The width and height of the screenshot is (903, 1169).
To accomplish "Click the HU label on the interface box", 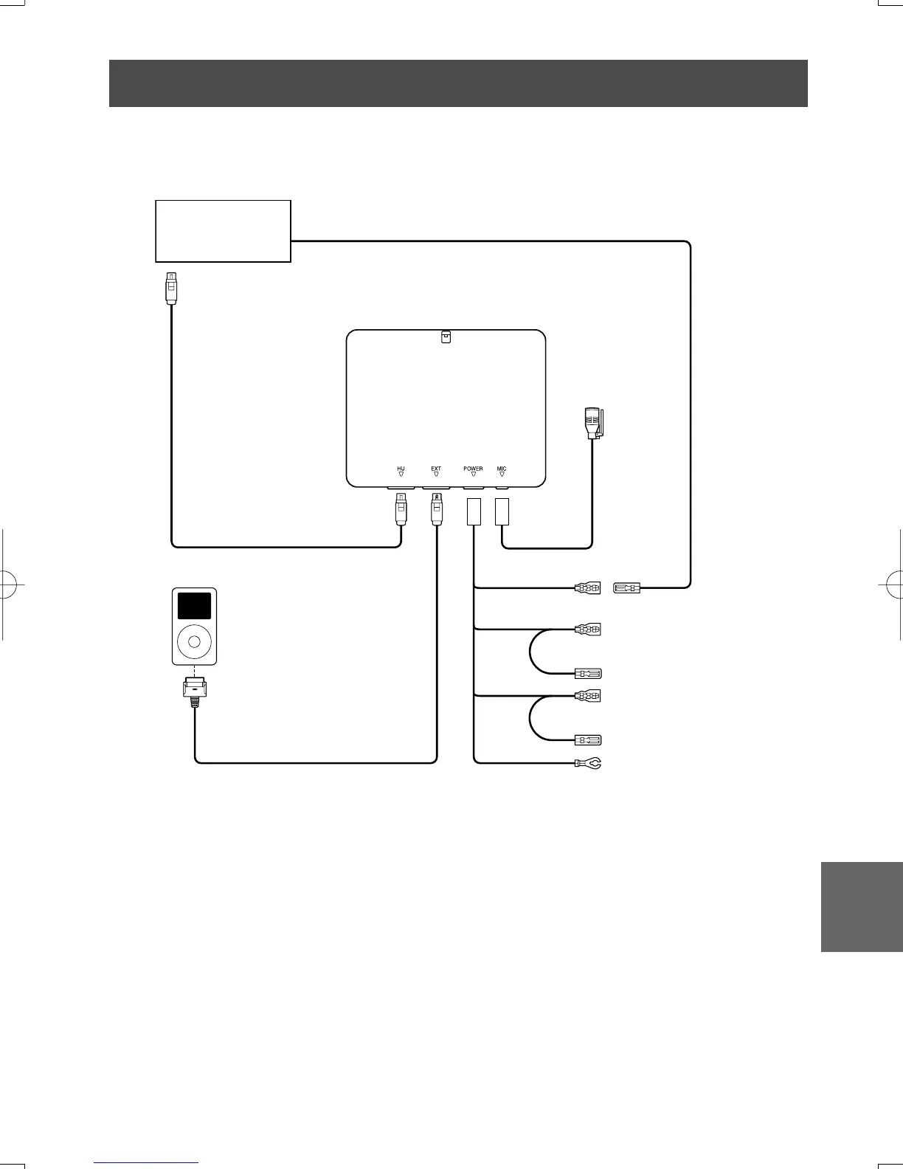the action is tap(401, 469).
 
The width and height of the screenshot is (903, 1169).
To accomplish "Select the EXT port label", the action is tap(436, 469).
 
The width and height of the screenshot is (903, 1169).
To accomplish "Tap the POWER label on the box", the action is tap(473, 469).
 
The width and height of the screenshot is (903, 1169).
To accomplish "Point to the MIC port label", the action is tap(502, 469).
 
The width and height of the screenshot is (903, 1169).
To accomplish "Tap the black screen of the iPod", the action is tap(194, 606).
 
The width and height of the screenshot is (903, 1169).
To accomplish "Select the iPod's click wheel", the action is tap(194, 641).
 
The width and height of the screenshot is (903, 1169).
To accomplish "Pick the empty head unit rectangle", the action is tap(223, 230).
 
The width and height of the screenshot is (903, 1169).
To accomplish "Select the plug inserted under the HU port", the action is tap(401, 508).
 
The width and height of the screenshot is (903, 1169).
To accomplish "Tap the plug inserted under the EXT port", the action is tap(436, 508).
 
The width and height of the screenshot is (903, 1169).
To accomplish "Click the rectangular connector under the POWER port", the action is tap(474, 511).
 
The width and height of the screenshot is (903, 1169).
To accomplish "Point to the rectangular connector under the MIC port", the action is tap(502, 511).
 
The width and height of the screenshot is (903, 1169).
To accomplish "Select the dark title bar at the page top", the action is tap(458, 83).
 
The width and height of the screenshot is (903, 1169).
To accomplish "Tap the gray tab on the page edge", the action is tap(861, 906).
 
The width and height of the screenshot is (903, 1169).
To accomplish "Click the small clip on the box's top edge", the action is tap(446, 337).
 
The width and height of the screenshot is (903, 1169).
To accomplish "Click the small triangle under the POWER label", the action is tap(473, 475).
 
